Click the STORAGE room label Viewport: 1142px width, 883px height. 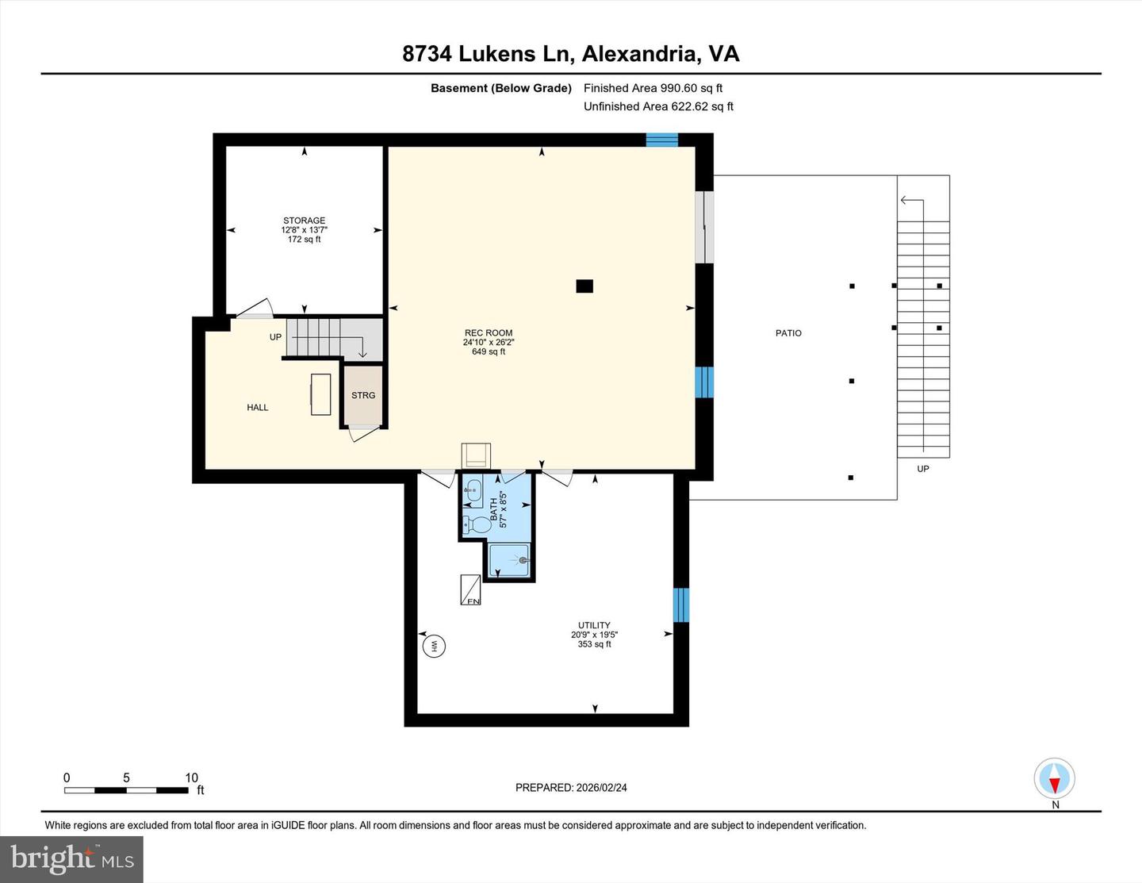point(304,221)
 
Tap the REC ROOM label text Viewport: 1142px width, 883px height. point(488,333)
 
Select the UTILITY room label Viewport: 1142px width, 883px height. point(594,625)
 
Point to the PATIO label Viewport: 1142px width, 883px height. point(788,333)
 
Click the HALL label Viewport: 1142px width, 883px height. point(258,408)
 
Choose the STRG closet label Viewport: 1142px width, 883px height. point(363,395)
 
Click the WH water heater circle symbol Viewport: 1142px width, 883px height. point(434,646)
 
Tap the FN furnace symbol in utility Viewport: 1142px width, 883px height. point(471,591)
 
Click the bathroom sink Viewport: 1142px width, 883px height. point(473,489)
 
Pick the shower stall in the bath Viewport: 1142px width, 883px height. point(508,560)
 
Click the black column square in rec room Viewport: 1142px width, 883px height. point(584,286)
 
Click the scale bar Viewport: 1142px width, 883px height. point(126,790)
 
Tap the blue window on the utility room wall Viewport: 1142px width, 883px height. point(680,605)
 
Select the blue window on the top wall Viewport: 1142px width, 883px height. point(661,140)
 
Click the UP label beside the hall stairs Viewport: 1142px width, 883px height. point(275,337)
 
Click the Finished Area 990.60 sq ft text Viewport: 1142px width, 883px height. point(653,88)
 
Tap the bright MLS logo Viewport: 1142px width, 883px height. point(72,859)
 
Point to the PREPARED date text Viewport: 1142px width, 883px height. point(571,788)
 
